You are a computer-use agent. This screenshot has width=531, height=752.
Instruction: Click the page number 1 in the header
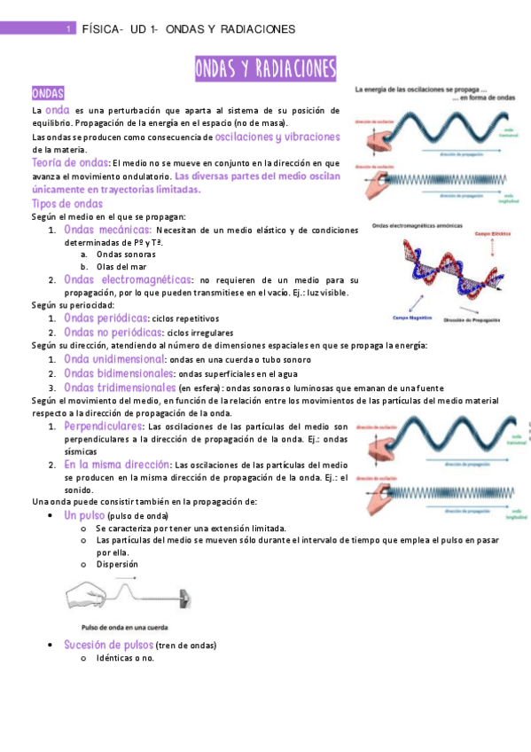coord(68,29)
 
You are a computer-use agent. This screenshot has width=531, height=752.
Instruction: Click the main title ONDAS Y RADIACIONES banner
coord(265,68)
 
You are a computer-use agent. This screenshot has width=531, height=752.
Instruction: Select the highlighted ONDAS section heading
coord(46,93)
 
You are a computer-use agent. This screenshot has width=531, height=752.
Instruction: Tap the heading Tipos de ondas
coord(60,204)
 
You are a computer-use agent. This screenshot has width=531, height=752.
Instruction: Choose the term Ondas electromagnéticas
coord(128,279)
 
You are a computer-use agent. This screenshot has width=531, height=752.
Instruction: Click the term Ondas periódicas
coord(105,317)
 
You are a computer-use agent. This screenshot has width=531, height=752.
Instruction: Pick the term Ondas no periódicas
coord(113,332)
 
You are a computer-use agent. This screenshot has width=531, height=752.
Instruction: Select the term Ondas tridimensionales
coord(120,388)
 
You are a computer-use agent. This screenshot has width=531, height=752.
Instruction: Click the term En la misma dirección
coord(117,464)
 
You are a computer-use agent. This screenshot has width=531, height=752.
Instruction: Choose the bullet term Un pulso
coord(84,515)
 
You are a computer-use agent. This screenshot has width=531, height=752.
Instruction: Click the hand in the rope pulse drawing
coord(85,592)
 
